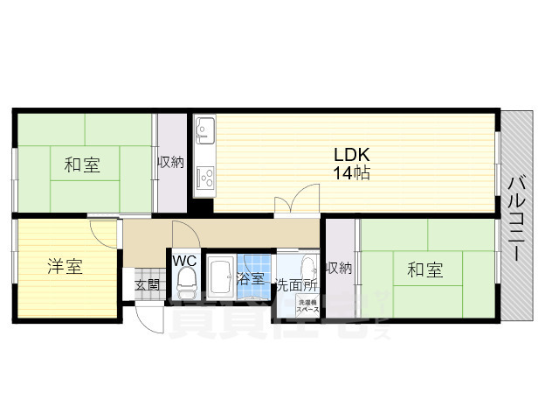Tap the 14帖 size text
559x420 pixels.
point(351,173)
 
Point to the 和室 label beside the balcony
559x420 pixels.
point(424,270)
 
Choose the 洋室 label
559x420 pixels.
point(66,267)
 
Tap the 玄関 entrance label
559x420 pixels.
point(146,284)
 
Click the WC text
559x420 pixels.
point(184,261)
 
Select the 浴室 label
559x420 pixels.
point(252,280)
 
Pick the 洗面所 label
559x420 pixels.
point(298,285)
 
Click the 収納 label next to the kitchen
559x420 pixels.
point(170,163)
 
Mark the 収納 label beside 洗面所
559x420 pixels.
point(339,268)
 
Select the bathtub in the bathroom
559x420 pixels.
point(221,279)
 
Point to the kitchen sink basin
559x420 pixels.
point(204,132)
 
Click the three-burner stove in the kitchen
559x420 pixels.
point(205,178)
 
